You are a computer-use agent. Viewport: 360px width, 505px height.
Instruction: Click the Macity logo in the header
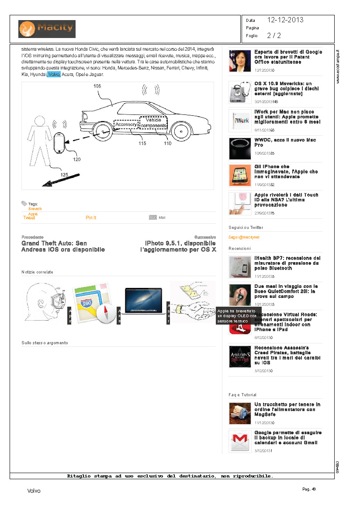coord(47,29)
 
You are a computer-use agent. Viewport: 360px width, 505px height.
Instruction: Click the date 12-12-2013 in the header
coord(285,20)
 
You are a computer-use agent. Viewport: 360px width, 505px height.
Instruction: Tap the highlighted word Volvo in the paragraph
coord(54,75)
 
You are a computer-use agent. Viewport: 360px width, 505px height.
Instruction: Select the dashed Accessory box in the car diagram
coord(126,125)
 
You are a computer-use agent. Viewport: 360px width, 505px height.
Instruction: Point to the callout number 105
coord(97,86)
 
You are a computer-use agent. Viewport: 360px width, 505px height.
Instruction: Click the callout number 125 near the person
coord(64,175)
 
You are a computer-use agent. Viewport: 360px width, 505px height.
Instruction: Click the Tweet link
coord(29,218)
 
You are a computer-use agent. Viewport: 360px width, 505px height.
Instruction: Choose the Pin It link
coord(91,218)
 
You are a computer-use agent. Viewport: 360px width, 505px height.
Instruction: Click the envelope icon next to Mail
coord(153,217)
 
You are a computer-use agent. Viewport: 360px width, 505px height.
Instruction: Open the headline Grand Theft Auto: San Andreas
coord(63,246)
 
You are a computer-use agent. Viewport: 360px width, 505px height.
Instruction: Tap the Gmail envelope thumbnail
coord(239,441)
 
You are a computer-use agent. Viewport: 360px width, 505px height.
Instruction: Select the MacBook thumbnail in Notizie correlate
coord(143,301)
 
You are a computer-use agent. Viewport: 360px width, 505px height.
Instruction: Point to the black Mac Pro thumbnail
coord(240,149)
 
